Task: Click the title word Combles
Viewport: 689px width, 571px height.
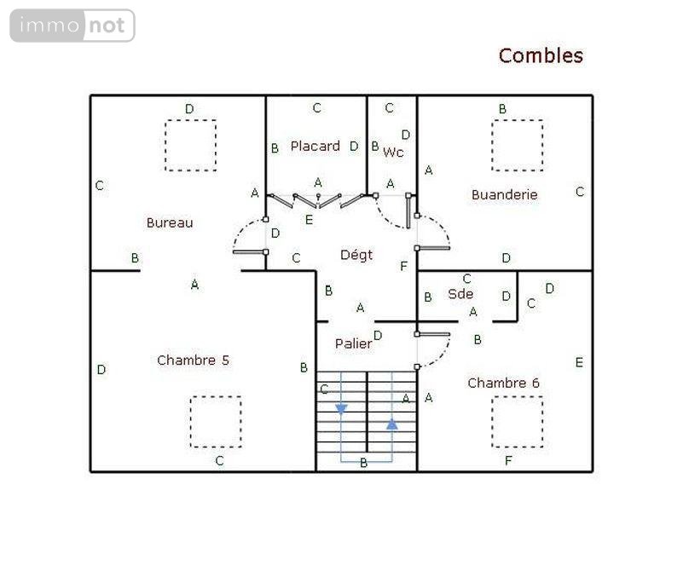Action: click(x=541, y=56)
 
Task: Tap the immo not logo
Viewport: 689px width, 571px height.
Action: click(x=72, y=26)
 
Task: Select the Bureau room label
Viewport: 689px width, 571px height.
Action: click(x=170, y=222)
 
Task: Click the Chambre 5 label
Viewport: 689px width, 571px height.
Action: click(x=193, y=360)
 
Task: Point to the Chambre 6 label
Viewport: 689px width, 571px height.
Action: click(x=503, y=384)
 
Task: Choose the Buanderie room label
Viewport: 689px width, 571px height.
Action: click(x=505, y=194)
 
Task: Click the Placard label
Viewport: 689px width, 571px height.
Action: click(x=315, y=147)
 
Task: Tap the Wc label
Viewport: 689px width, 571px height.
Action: click(x=393, y=153)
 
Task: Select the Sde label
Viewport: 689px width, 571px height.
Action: click(x=460, y=294)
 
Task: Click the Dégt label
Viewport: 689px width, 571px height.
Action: click(x=356, y=255)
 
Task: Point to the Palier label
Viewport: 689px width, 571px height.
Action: click(x=353, y=343)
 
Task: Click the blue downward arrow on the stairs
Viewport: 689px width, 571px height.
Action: click(x=341, y=409)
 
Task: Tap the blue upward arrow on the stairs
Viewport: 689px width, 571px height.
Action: click(x=391, y=423)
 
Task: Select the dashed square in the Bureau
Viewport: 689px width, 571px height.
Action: click(x=190, y=146)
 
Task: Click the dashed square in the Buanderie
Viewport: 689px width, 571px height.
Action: click(x=517, y=146)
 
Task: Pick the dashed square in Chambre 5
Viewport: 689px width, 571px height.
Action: click(x=215, y=421)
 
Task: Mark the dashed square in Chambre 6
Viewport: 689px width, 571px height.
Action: click(x=517, y=421)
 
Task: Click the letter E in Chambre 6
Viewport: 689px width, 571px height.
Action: click(x=579, y=362)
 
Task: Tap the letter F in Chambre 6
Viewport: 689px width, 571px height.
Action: click(x=508, y=461)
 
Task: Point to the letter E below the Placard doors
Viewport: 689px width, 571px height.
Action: click(x=310, y=220)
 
